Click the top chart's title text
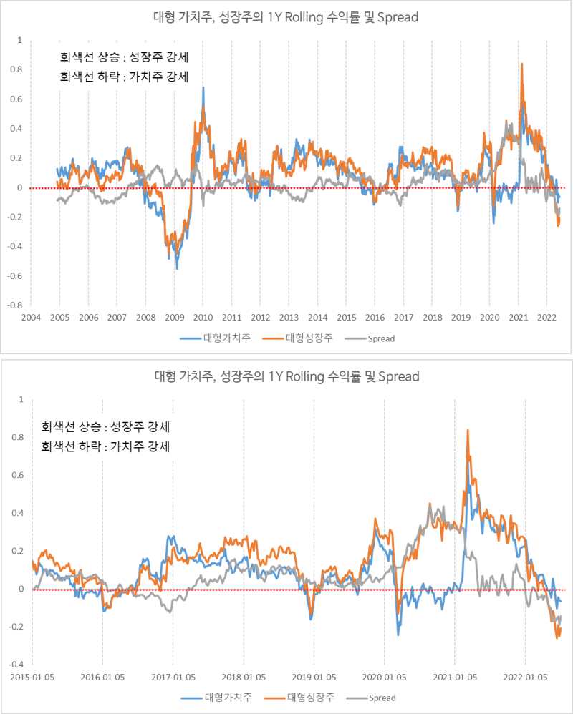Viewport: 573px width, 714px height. click(286, 17)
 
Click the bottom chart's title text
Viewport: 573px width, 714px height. click(286, 376)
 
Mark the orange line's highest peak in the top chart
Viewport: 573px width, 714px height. click(521, 64)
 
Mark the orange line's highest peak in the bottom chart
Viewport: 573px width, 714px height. click(468, 430)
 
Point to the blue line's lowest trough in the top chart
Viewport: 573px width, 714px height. click(177, 268)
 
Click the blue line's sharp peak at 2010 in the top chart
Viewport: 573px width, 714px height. click(203, 87)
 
